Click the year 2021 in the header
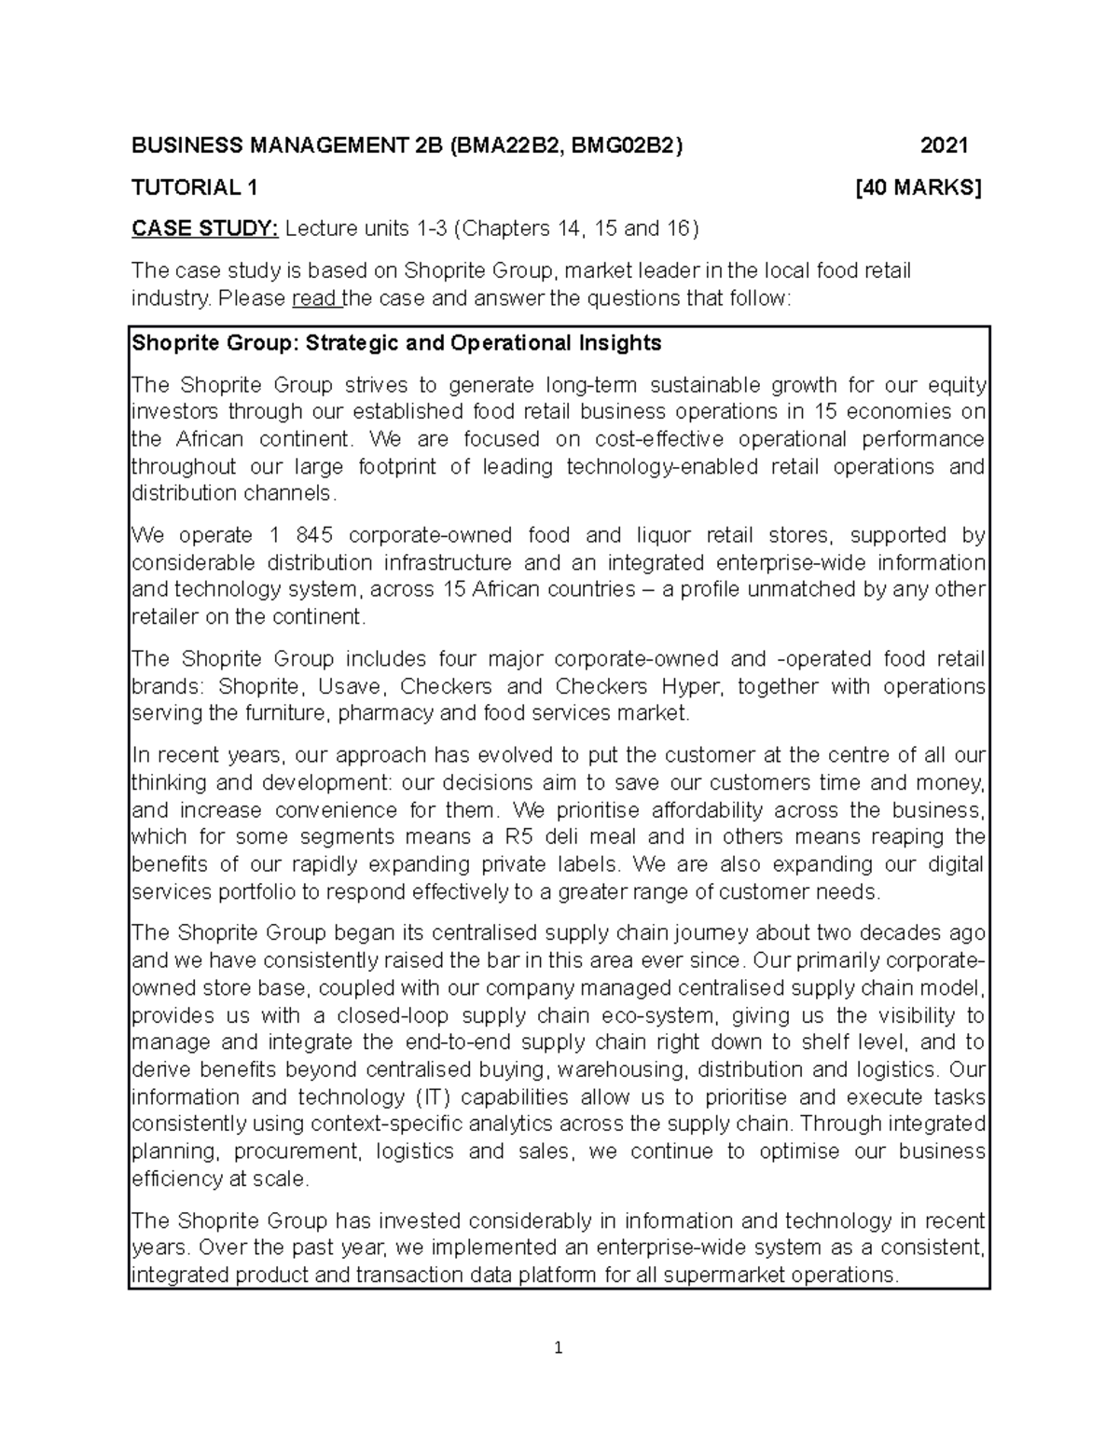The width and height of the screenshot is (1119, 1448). pos(945,145)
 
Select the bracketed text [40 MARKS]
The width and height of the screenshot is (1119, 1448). pos(919,187)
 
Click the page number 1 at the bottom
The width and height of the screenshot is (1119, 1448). pos(559,1347)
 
